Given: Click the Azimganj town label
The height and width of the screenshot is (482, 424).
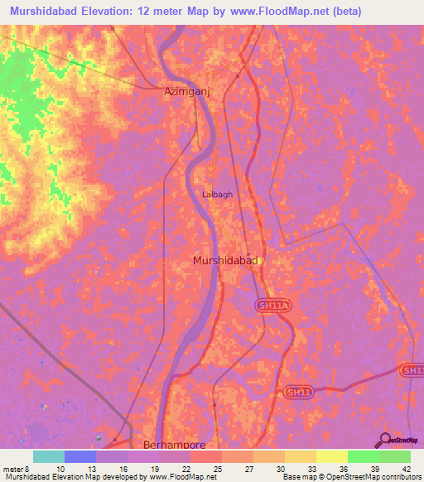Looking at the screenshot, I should (x=182, y=94).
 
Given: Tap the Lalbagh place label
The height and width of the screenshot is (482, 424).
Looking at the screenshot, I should (x=217, y=195).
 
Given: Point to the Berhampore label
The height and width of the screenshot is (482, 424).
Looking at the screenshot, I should (x=174, y=445).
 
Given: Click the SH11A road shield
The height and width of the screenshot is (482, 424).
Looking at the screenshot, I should (x=273, y=306).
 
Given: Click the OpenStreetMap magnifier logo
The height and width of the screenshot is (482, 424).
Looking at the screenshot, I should (x=384, y=440).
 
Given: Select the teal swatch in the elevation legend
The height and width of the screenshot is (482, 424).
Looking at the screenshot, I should (x=48, y=456).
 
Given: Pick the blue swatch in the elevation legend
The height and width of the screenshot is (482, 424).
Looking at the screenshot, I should (x=79, y=456).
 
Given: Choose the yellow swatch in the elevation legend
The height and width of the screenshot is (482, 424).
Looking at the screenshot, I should (x=331, y=456).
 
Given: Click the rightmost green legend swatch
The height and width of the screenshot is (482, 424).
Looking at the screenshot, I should (x=394, y=456).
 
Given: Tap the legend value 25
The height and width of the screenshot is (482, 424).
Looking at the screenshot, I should (x=217, y=469).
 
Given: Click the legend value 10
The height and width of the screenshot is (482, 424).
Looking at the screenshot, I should (x=60, y=469).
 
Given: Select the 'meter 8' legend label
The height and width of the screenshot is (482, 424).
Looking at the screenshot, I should (x=17, y=469).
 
